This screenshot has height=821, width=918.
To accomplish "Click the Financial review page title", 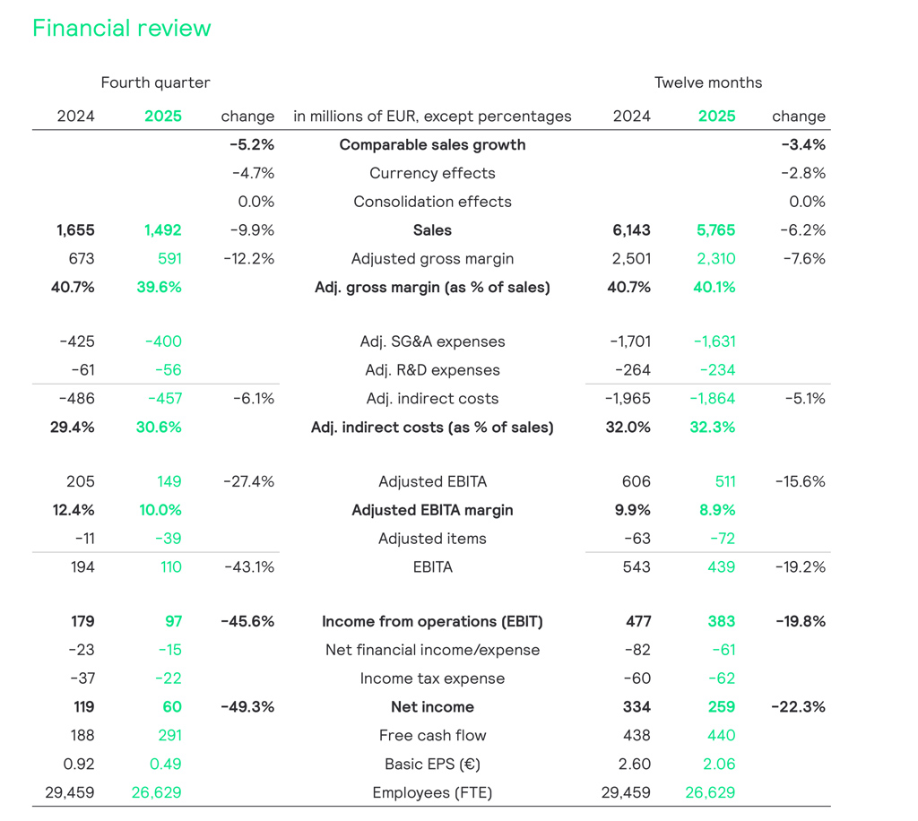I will tap(122, 29).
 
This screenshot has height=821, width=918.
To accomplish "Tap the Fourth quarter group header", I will tap(155, 82).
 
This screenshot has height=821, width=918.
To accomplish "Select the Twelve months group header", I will tap(707, 82).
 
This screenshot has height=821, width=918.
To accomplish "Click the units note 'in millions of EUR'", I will tap(432, 116).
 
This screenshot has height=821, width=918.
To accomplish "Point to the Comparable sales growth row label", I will tap(432, 144).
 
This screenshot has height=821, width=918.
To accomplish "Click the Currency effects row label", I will tap(432, 173).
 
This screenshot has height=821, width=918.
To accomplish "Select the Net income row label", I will tap(432, 706).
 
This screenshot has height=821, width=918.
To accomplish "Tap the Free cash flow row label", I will tap(432, 735).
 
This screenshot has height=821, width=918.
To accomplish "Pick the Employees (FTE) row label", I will tap(432, 792).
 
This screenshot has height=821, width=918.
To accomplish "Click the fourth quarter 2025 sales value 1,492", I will tap(162, 230).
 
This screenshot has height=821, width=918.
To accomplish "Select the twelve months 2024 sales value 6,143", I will tap(631, 230).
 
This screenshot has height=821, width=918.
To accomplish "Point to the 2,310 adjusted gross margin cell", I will tap(716, 259).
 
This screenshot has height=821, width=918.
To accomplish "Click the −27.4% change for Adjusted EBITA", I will tap(248, 481).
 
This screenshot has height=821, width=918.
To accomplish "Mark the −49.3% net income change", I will tap(247, 706).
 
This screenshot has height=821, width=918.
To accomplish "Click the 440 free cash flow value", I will tap(721, 735).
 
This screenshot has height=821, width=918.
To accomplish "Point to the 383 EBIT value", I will tap(721, 621).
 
